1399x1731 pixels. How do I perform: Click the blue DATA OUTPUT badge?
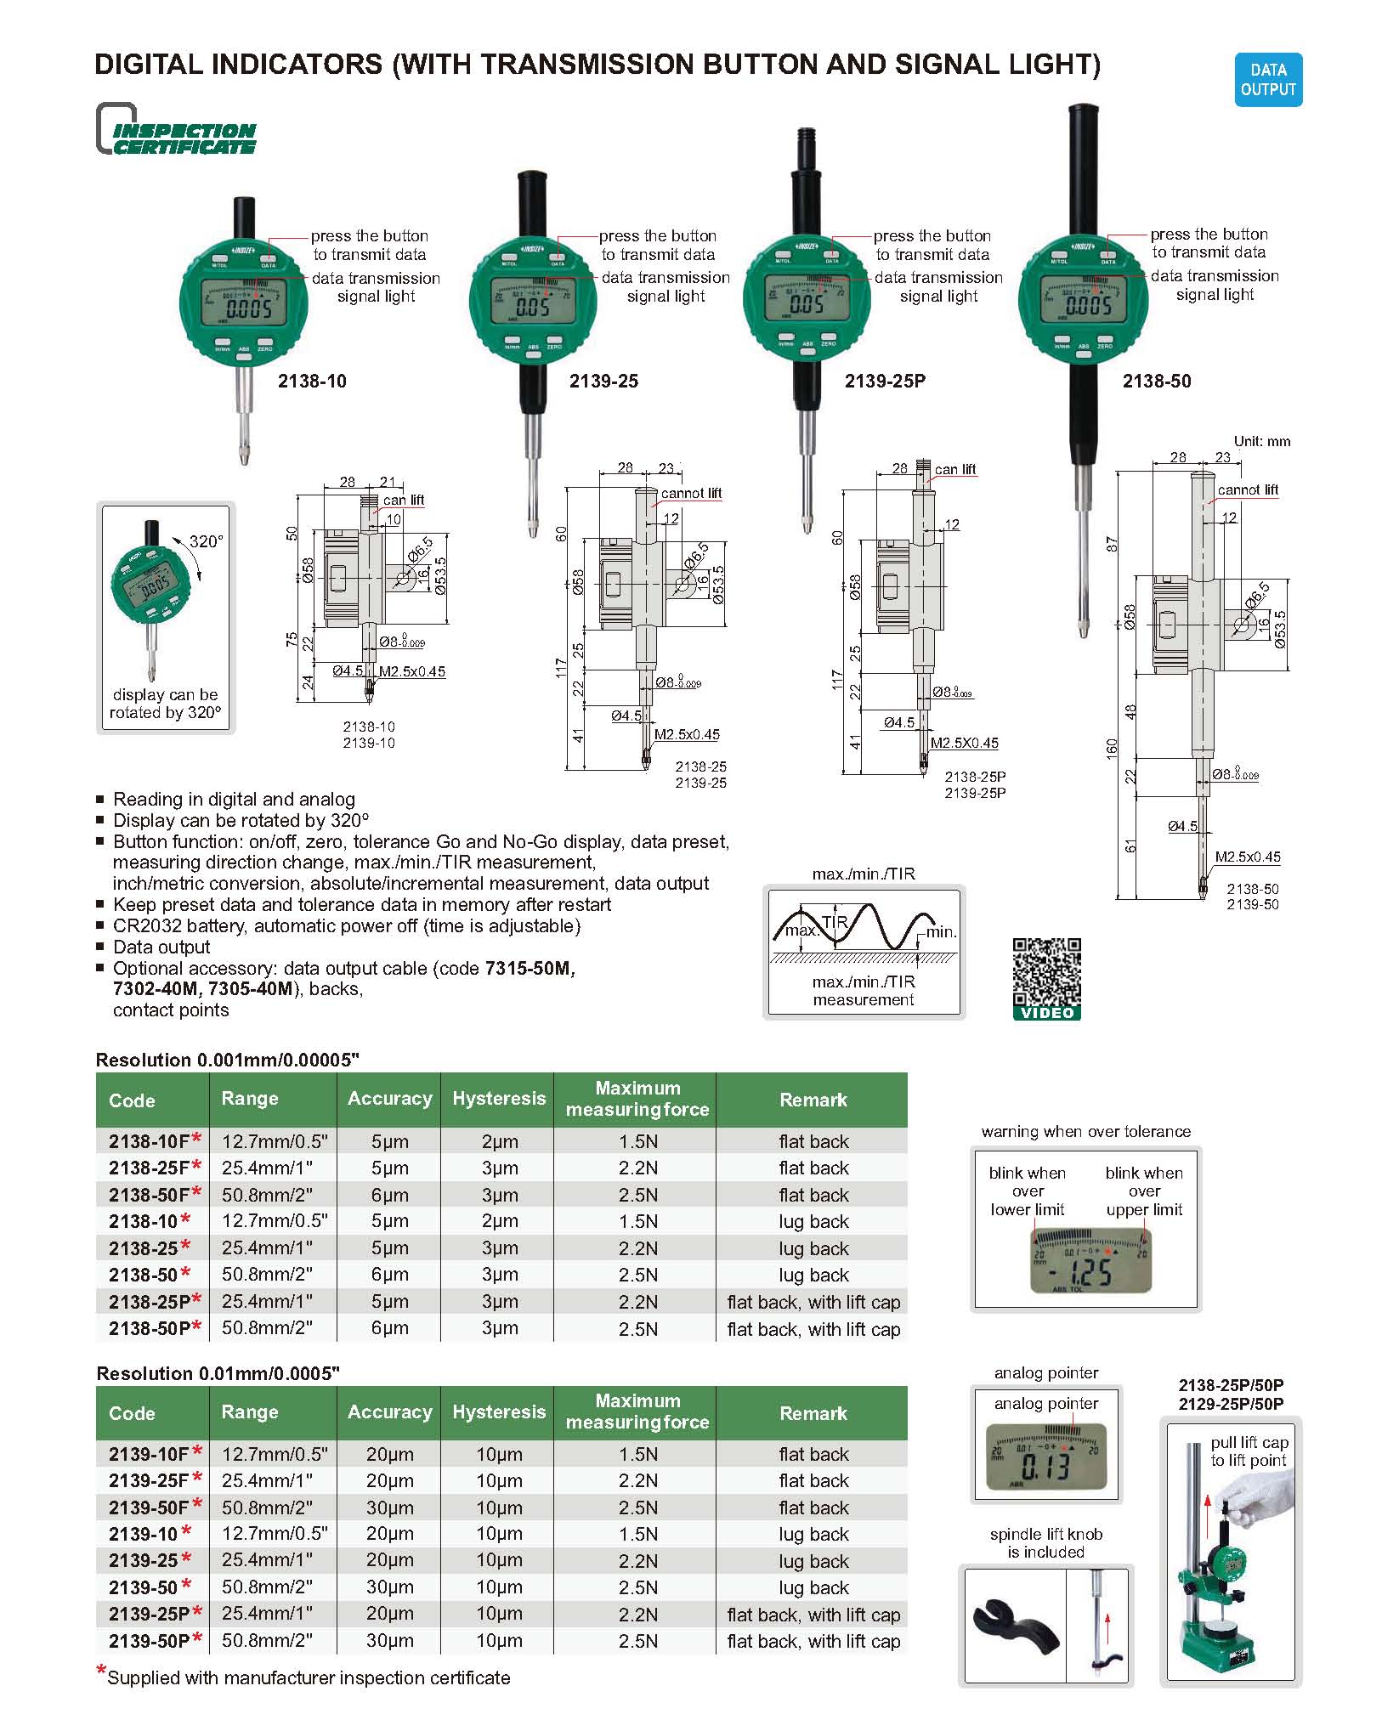pyautogui.click(x=1267, y=80)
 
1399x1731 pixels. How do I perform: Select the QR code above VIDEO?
pyautogui.click(x=1046, y=971)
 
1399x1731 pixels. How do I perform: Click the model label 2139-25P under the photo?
pyautogui.click(x=884, y=382)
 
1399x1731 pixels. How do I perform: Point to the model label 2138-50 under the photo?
pyautogui.click(x=1156, y=382)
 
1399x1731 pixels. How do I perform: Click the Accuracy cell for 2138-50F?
pyautogui.click(x=389, y=1195)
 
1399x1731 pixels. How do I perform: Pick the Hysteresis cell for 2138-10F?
pyautogui.click(x=499, y=1141)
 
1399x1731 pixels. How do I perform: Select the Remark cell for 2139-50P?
pyautogui.click(x=813, y=1641)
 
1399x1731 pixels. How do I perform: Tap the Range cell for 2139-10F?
pyautogui.click(x=274, y=1454)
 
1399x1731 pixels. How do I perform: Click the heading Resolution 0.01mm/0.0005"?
pyautogui.click(x=218, y=1373)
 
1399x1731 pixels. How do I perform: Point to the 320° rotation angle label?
pyautogui.click(x=205, y=541)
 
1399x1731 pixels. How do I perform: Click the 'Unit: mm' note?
pyautogui.click(x=1261, y=441)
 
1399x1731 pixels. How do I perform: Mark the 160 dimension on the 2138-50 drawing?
pyautogui.click(x=1111, y=749)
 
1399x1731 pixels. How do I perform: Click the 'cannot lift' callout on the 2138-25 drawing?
pyautogui.click(x=691, y=493)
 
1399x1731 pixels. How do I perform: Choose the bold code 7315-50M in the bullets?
pyautogui.click(x=529, y=968)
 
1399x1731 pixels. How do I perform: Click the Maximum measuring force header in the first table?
pyautogui.click(x=637, y=1099)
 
